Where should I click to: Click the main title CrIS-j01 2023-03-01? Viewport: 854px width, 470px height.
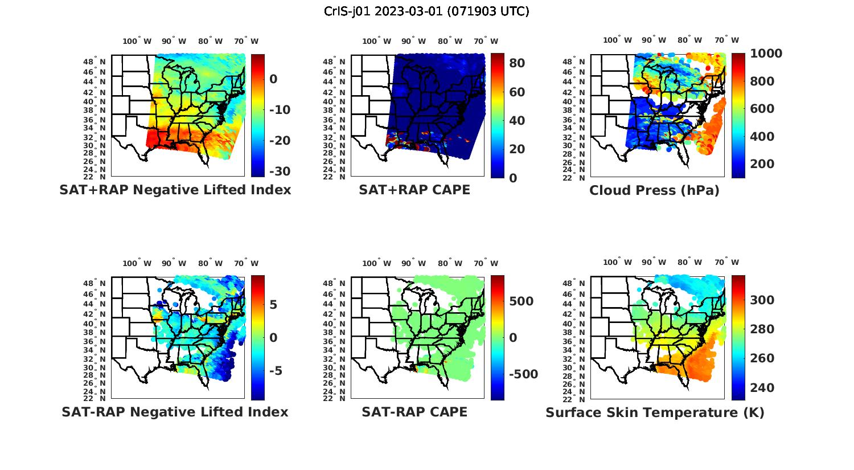[x=426, y=11]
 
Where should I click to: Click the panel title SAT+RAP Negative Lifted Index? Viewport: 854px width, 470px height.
[x=175, y=190]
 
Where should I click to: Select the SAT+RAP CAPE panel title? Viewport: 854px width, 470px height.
[x=414, y=190]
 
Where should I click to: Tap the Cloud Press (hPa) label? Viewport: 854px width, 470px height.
[x=654, y=190]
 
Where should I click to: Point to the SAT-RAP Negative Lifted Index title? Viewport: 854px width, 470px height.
[x=175, y=412]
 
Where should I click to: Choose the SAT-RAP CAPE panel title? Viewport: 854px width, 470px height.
[x=414, y=412]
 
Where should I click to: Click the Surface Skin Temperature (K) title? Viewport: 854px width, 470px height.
[x=655, y=412]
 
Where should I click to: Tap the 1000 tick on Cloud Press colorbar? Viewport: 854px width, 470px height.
[x=766, y=54]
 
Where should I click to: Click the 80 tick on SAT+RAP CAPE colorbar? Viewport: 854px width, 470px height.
[x=517, y=63]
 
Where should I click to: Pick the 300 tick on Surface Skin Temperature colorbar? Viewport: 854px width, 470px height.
[x=762, y=300]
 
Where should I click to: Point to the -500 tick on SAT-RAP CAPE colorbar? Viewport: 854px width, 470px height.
[x=522, y=374]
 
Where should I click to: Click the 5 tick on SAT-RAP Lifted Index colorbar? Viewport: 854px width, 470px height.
[x=273, y=305]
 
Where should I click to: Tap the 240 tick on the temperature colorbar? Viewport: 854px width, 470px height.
[x=762, y=388]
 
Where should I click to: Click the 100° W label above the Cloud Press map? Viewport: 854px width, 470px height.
[x=618, y=40]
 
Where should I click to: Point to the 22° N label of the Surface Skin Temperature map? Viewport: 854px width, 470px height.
[x=574, y=399]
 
